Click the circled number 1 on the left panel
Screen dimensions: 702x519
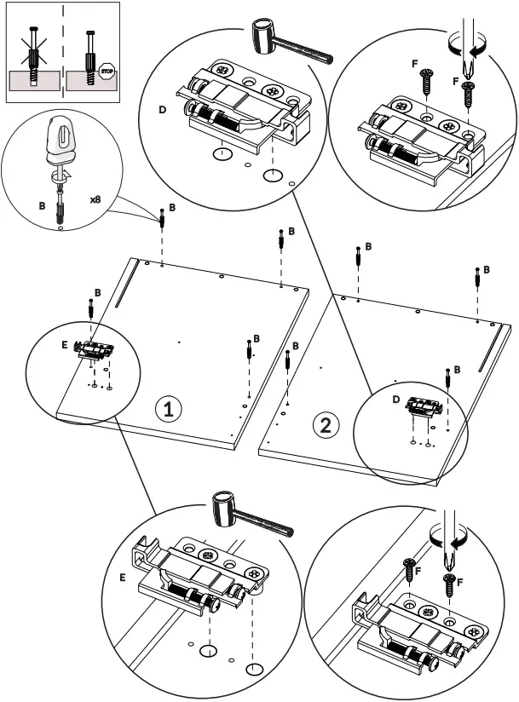[168, 410]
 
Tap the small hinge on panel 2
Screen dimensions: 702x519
[424, 406]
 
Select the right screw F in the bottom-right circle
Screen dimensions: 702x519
[447, 584]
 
